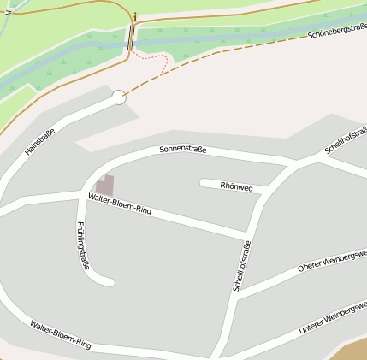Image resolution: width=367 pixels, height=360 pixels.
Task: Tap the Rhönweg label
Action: tap(237, 186)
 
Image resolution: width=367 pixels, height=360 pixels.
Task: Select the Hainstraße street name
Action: tap(40, 141)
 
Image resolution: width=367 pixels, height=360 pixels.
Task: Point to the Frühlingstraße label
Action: tap(83, 245)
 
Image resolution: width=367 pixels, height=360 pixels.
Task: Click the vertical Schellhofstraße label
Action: tap(241, 266)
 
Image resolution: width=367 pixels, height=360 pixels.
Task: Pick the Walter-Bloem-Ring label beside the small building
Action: tap(120, 204)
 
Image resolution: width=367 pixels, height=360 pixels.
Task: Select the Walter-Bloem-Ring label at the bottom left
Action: tap(60, 333)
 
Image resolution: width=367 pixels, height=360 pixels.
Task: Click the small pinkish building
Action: tap(104, 185)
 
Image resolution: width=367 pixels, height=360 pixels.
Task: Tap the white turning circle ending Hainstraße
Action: tap(119, 97)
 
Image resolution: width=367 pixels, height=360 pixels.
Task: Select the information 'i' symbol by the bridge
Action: tap(135, 15)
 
